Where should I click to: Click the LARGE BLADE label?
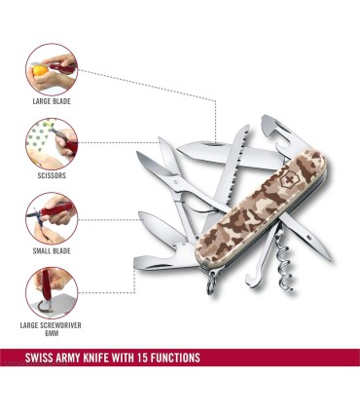52,101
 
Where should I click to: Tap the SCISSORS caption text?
52,175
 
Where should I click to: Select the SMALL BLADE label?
52,251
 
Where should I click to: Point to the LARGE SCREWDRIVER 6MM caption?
51,329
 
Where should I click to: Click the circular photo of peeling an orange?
52,70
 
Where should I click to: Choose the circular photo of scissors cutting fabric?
52,144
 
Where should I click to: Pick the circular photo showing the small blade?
52,219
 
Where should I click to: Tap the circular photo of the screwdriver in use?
52,293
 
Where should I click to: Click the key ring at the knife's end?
212,282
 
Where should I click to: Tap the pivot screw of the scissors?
176,179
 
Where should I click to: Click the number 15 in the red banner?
143,357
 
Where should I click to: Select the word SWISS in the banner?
39,357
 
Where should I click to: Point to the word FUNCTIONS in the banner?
175,357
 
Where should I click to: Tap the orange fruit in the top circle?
40,70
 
